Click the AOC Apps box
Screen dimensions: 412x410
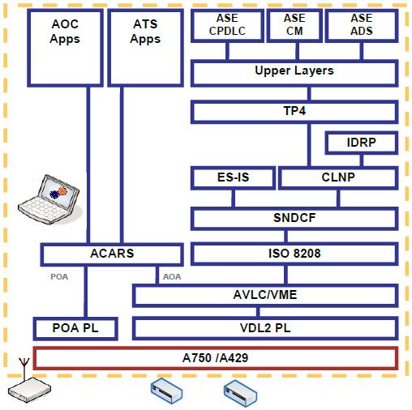65,48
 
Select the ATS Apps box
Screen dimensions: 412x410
145,48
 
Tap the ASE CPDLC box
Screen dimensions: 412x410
227,25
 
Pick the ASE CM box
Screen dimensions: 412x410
294,25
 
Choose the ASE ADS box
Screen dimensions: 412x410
362,25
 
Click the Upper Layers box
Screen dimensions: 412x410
294,73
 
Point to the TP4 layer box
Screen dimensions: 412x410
294,112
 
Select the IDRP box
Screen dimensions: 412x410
362,143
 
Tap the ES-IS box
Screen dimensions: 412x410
233,177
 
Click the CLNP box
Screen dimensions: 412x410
338,177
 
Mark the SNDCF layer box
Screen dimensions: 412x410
294,219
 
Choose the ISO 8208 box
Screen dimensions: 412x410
294,254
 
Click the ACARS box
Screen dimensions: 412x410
112,254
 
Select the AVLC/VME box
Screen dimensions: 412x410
265,295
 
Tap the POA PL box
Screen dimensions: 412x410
75,329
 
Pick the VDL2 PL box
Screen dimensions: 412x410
265,328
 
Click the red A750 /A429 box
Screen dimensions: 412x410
216,358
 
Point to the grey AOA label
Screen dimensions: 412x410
172,277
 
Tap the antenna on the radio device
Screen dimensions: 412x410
24,369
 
